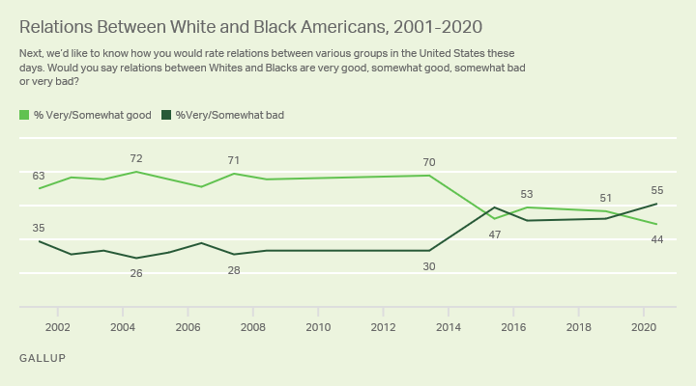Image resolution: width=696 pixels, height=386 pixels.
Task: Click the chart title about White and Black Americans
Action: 250,27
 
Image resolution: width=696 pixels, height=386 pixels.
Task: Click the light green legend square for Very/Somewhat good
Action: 24,115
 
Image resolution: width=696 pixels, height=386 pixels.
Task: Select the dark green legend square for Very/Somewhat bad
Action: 167,115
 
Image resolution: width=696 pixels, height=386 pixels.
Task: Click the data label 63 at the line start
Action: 39,176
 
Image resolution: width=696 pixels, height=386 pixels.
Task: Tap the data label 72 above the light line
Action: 136,158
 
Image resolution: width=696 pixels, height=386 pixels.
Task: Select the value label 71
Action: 234,160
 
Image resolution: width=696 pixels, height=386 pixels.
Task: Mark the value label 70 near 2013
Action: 429,162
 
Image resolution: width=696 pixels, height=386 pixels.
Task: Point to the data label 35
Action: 39,228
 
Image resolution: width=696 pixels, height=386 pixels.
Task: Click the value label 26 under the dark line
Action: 136,273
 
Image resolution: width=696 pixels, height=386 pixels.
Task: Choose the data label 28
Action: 234,270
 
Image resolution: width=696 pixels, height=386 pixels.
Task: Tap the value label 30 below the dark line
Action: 429,266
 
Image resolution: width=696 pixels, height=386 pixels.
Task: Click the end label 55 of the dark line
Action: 657,191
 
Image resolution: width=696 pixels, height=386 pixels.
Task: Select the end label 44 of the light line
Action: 657,239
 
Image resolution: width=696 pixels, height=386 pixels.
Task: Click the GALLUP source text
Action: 43,358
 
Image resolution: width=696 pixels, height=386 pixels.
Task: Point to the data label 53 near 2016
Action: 527,194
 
